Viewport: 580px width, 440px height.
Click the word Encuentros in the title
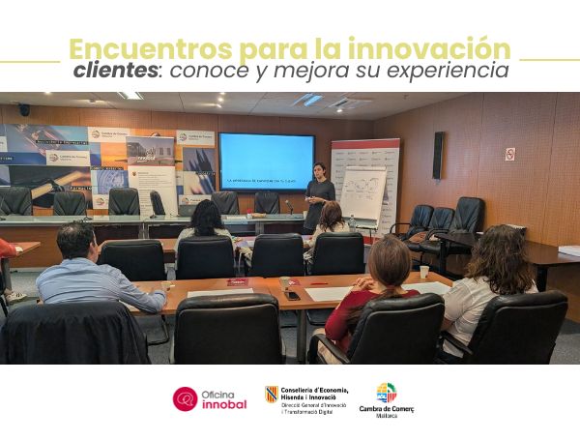pos(125,48)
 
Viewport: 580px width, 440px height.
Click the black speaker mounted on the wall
pos(438,155)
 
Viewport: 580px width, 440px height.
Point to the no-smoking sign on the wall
pos(509,154)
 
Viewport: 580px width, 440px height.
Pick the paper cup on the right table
pos(423,272)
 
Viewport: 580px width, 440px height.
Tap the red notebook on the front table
pos(238,281)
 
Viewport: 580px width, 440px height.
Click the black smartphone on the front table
pos(292,295)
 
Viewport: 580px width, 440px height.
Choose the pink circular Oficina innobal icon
pos(185,398)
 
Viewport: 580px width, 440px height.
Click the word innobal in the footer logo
pos(225,404)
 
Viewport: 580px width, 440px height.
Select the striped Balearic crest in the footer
pos(272,394)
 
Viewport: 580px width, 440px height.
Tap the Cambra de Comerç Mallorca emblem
pos(386,392)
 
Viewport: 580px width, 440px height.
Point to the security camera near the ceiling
pos(24,110)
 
